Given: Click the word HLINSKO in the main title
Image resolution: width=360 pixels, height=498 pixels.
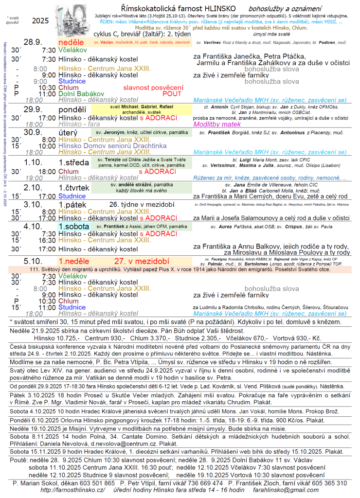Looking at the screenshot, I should pyautogui.click(x=217, y=9).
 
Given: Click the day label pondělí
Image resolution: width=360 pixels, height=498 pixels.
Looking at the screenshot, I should pyautogui.click(x=72, y=110).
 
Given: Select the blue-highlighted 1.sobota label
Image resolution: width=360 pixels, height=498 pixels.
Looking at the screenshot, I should pyautogui.click(x=74, y=227).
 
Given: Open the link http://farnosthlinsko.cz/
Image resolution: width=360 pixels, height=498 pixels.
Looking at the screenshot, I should pyautogui.click(x=73, y=490).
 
